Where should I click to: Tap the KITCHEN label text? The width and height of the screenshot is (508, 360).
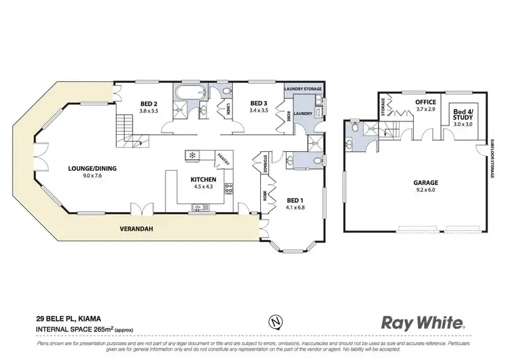(x=203, y=180)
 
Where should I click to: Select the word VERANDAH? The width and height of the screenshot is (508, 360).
(x=137, y=228)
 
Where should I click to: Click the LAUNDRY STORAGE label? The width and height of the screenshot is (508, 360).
(x=302, y=89)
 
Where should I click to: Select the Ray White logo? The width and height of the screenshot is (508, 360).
(x=423, y=323)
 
